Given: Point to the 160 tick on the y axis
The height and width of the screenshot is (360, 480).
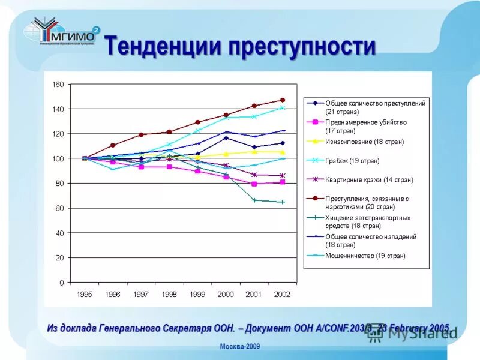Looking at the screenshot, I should click(58, 85).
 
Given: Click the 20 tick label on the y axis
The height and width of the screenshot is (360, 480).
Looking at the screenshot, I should click(59, 258).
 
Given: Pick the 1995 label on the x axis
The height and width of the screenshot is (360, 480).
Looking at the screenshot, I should click(84, 294).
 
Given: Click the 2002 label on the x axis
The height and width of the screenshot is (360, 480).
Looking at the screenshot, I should click(282, 294).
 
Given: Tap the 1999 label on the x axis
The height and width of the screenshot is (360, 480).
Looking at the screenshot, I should click(197, 294).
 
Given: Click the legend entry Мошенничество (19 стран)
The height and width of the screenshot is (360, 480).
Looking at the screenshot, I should click(365, 256).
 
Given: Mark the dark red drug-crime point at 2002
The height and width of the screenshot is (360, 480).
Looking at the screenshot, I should click(283, 100).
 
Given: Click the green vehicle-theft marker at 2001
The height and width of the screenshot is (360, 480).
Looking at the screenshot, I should click(254, 200).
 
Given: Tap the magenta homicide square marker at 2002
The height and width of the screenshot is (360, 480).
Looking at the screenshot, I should click(283, 182).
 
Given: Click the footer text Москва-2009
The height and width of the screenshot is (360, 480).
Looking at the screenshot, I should click(239, 347).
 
